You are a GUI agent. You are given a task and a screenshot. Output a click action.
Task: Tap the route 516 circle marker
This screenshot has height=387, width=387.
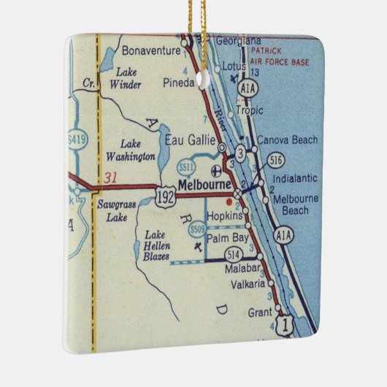coord(275,161)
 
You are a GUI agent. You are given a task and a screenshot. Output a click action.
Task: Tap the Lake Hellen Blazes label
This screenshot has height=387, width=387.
coord(158,246)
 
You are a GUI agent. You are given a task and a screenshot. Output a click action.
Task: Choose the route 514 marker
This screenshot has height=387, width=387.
coord(234,254)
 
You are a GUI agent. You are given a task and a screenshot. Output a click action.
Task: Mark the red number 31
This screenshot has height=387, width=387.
coord(111,177)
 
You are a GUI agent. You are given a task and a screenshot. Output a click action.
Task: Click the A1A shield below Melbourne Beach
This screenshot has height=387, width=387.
coord(284,234)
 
